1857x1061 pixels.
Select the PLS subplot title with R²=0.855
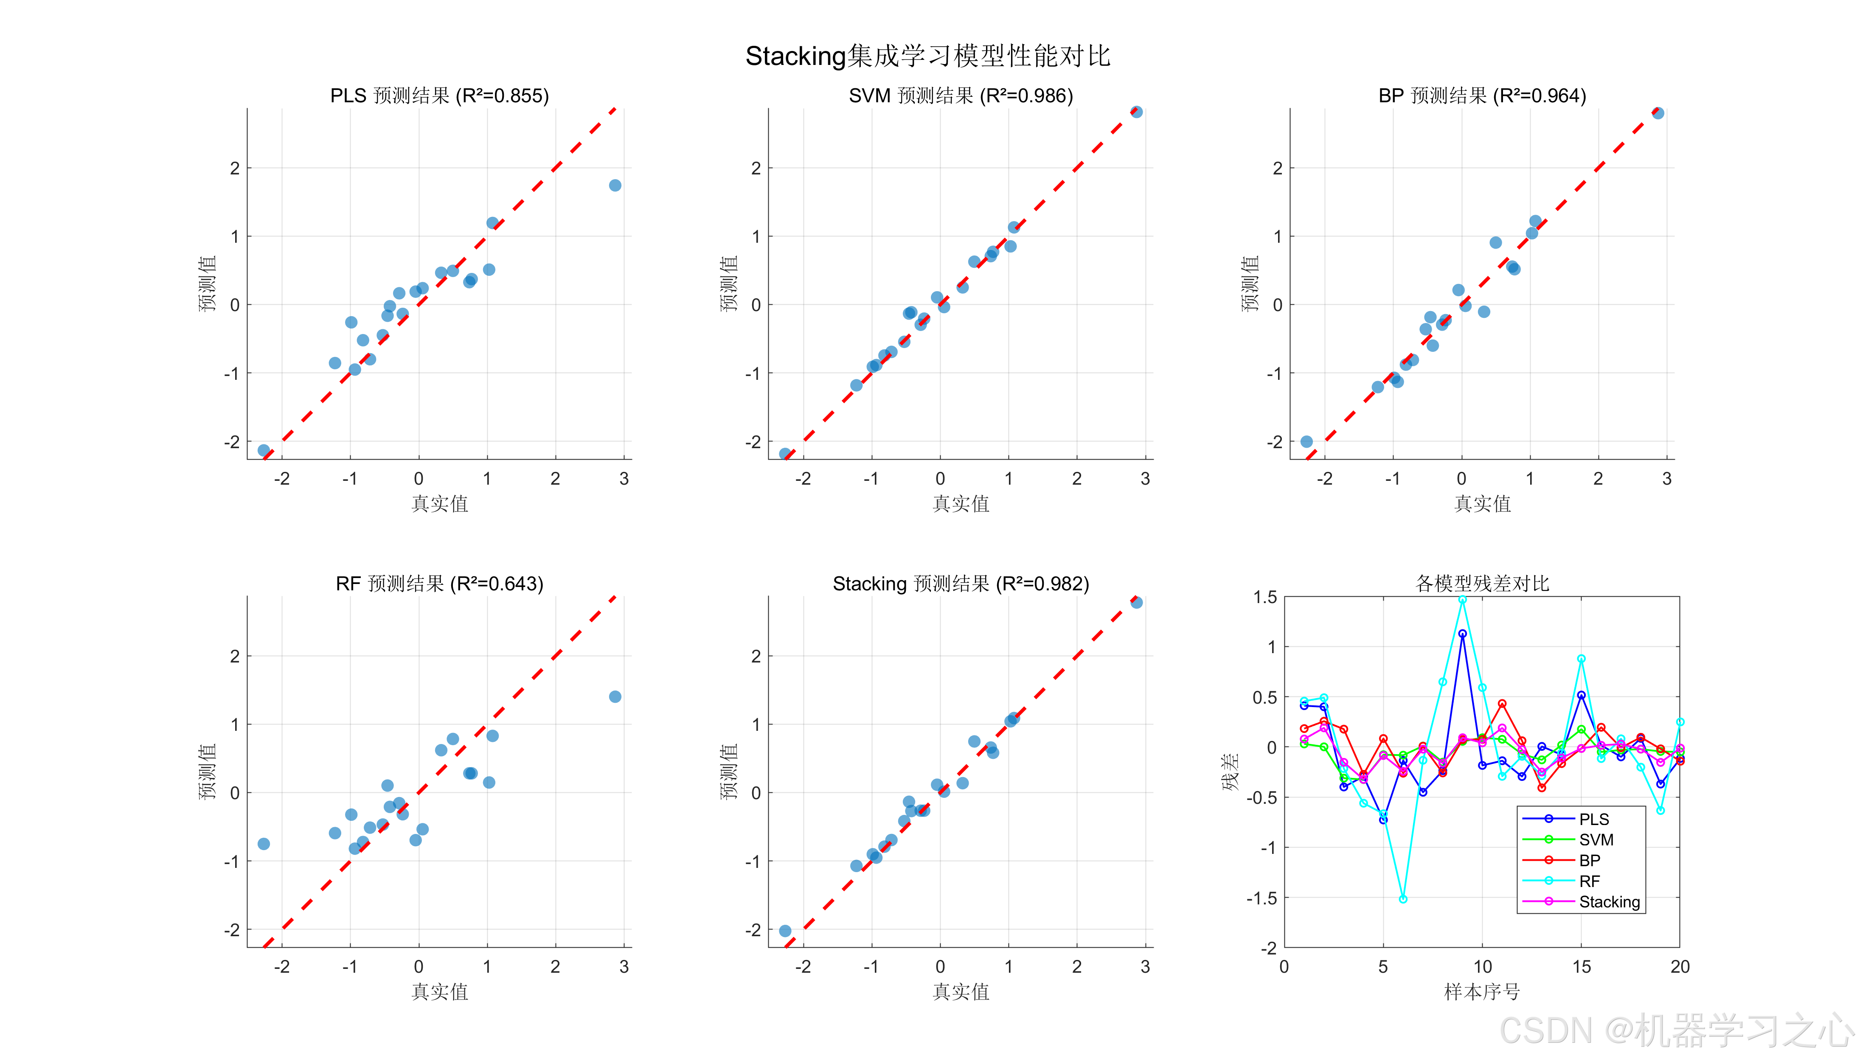click(x=439, y=95)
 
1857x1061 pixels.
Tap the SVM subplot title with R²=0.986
click(x=961, y=95)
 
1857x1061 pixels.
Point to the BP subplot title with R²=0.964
click(x=1482, y=95)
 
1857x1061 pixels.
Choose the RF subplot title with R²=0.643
click(x=439, y=584)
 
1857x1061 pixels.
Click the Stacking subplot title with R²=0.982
click(x=961, y=584)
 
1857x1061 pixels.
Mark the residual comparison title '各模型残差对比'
click(x=1482, y=583)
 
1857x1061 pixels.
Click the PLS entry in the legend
click(x=1594, y=819)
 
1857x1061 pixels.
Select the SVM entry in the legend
click(x=1596, y=839)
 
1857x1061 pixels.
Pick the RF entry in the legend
click(x=1590, y=881)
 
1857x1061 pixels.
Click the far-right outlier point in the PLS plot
click(x=615, y=185)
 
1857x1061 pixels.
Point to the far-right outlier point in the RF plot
click(x=615, y=696)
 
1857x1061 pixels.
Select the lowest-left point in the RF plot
click(x=264, y=844)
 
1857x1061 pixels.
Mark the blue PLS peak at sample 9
click(x=1462, y=634)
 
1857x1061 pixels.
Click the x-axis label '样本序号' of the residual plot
click(x=1482, y=992)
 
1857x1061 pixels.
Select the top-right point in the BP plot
click(x=1658, y=113)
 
